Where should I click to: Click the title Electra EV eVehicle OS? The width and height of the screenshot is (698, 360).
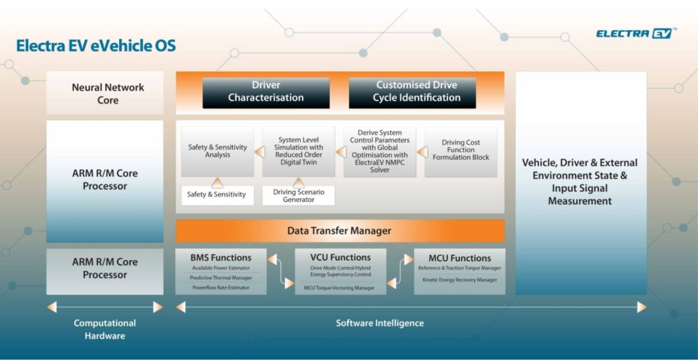coord(95,46)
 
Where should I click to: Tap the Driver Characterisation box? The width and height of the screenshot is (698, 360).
coord(265,92)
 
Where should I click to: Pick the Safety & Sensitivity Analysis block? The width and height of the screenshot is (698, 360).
coord(217,151)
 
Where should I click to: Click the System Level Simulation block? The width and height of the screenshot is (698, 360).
coord(298,151)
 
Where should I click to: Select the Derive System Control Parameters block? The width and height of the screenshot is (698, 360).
coord(379,151)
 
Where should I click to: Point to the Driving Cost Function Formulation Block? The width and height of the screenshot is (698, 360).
coord(460,150)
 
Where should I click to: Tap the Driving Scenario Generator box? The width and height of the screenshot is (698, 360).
coord(298,196)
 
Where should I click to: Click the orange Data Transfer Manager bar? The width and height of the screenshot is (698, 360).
coord(339,231)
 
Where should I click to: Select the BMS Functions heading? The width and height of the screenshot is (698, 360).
coord(221,258)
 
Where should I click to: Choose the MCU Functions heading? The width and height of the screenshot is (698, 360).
coord(459,258)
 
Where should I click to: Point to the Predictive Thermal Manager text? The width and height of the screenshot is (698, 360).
coord(221,278)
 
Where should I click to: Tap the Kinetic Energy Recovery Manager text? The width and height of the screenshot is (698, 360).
coord(459,280)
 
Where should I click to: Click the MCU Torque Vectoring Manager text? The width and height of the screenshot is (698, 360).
coord(339,288)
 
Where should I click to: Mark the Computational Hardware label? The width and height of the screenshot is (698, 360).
coord(105,329)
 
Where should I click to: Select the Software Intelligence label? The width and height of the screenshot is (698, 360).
coord(380,323)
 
